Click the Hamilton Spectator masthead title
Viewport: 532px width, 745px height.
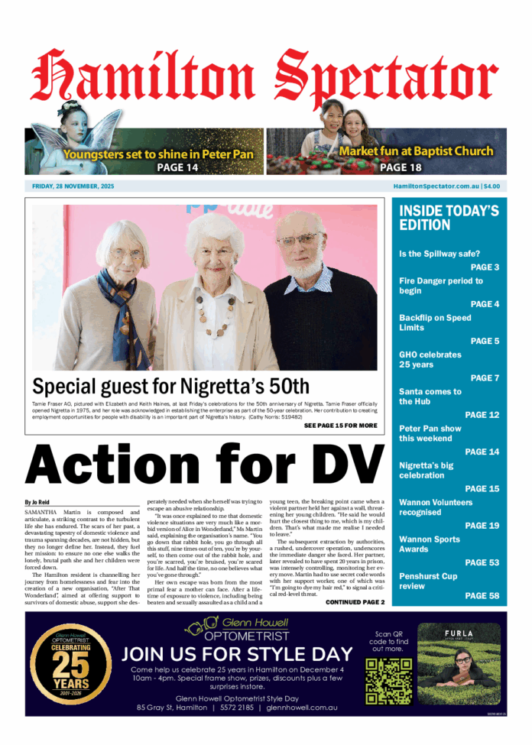tap(265, 76)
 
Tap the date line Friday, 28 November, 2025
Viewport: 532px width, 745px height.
tap(73, 186)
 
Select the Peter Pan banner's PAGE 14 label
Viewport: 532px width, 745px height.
tap(177, 167)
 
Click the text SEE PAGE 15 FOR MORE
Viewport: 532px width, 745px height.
tap(340, 426)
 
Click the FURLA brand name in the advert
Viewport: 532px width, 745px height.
tap(459, 633)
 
